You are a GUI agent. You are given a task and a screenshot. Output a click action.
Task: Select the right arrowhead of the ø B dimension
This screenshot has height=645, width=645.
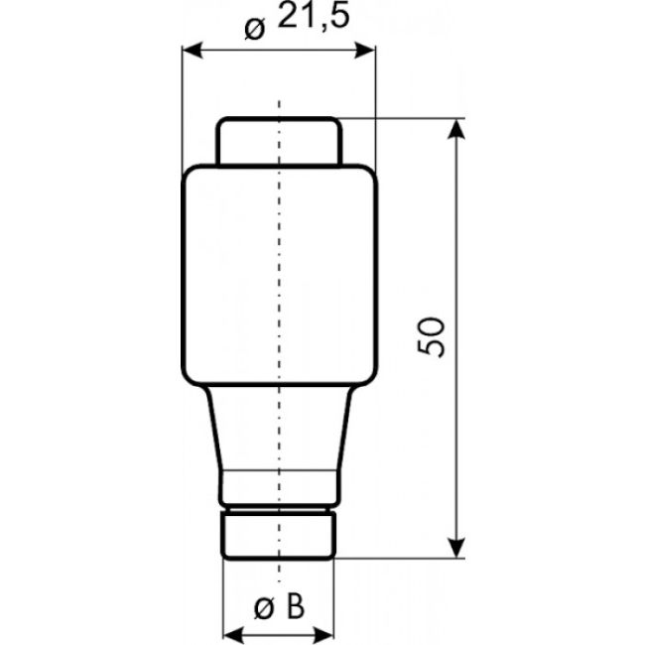pos(324,632)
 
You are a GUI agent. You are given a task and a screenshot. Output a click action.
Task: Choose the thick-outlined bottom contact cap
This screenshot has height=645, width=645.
pos(279,534)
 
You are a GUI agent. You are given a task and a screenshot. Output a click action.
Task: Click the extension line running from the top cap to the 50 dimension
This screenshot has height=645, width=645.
pos(397,120)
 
